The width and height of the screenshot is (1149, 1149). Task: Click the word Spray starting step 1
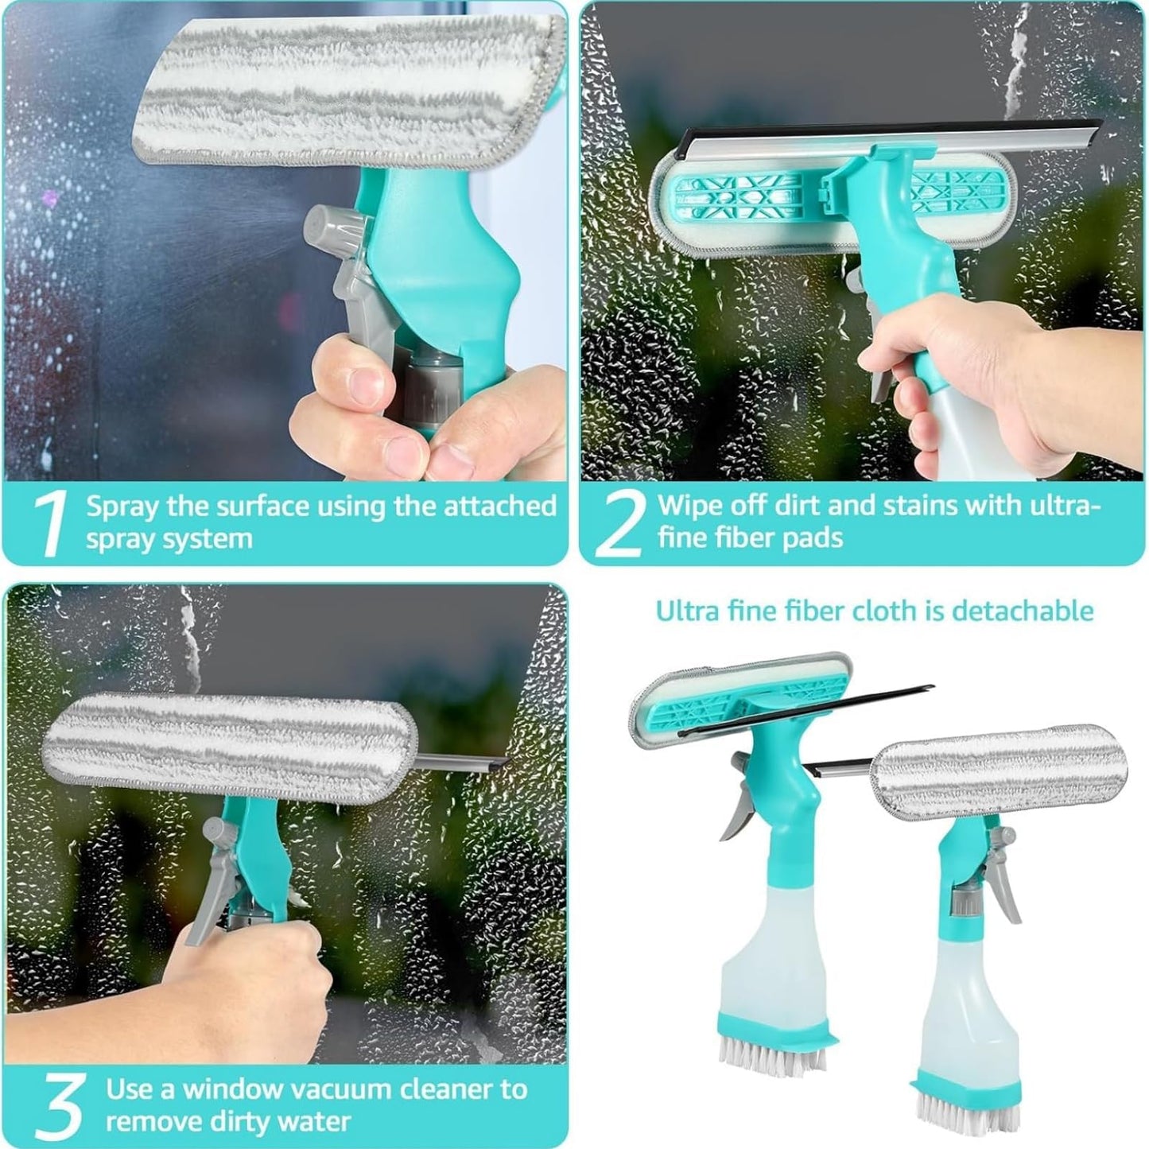(120, 506)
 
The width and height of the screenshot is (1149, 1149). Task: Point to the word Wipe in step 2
(689, 506)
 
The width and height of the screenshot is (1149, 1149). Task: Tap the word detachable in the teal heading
(1023, 611)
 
